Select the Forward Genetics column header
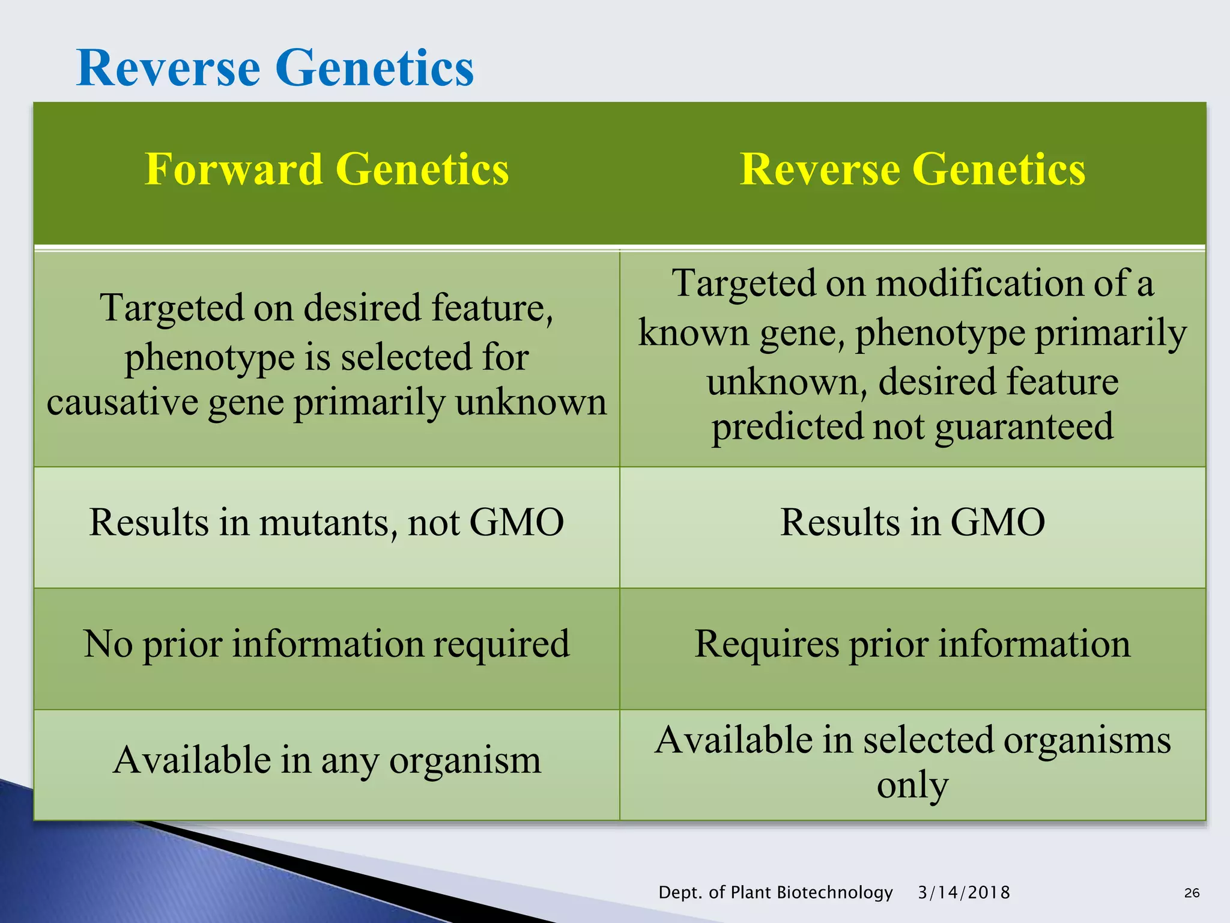click(327, 169)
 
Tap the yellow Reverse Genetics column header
click(912, 169)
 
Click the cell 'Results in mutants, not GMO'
click(327, 522)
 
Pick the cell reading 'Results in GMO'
click(912, 522)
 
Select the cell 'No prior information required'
click(327, 644)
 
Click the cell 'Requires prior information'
click(912, 644)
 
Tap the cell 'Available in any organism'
click(327, 760)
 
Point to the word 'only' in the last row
click(912, 785)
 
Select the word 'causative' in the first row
click(123, 402)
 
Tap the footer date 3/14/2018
click(964, 892)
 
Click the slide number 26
click(1192, 893)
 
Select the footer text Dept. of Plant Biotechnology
click(775, 892)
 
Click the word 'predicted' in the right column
click(787, 427)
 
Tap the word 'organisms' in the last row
click(1086, 740)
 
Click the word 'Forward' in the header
click(234, 169)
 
